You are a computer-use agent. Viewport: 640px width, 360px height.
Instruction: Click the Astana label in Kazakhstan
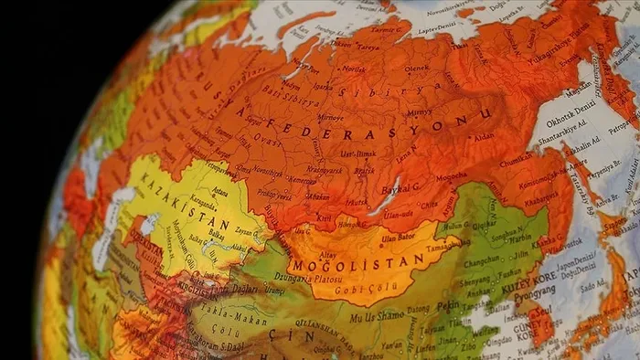pyautogui.click(x=219, y=192)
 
